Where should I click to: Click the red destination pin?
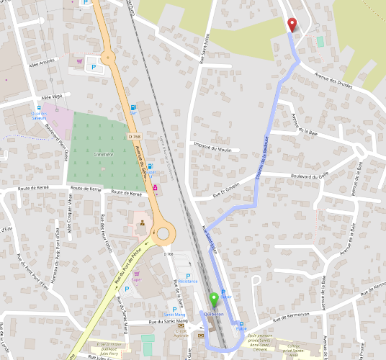[292, 24]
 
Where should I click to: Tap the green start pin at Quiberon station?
[213, 300]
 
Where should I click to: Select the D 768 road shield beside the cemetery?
[134, 135]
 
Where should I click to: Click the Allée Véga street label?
[53, 96]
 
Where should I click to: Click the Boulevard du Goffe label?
[309, 176]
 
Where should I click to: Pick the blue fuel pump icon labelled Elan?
[133, 107]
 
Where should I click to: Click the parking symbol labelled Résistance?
[188, 276]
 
